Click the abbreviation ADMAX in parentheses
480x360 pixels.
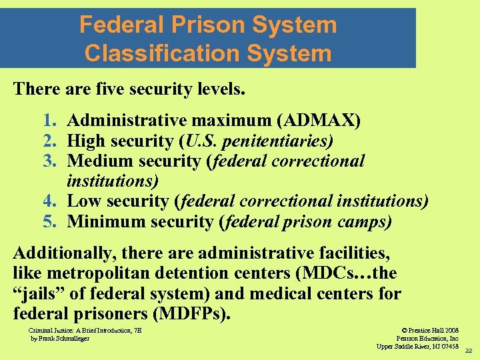[319, 121]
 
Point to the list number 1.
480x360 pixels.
[48, 121]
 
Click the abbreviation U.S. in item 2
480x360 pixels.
[201, 141]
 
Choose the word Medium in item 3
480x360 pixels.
[99, 161]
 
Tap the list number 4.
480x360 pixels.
[48, 201]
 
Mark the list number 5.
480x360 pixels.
[48, 221]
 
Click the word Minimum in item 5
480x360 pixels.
[103, 221]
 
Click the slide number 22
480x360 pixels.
[468, 350]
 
